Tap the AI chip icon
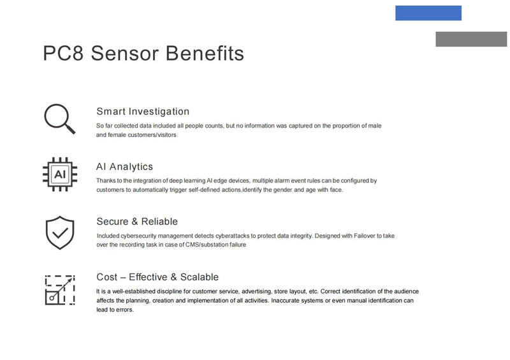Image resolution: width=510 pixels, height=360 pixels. (60, 175)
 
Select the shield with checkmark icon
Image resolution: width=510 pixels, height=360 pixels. (60, 233)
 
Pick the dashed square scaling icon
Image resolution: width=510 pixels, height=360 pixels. (60, 290)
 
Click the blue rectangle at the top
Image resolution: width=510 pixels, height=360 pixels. (428, 13)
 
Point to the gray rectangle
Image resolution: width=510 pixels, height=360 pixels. (471, 39)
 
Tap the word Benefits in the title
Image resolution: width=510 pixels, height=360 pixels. (205, 54)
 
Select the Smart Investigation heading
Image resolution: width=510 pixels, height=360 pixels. (143, 112)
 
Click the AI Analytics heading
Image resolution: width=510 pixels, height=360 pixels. (124, 166)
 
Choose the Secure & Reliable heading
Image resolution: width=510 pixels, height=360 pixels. (137, 222)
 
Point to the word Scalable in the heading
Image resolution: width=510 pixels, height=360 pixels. (200, 277)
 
